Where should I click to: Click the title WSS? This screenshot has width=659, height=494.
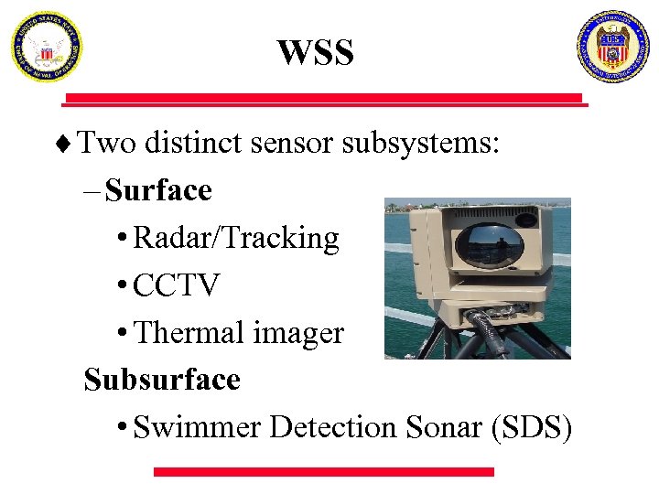point(315,53)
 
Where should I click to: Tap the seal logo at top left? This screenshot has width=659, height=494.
point(46,47)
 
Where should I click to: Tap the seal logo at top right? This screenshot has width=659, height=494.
point(612,47)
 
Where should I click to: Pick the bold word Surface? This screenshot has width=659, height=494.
point(158,190)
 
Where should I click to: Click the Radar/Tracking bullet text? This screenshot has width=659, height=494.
point(236,238)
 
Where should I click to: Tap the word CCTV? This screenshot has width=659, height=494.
point(177,285)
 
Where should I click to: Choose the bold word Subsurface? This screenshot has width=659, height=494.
point(162,379)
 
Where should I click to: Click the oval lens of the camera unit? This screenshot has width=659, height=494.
point(489,244)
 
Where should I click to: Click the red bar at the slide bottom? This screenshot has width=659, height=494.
point(323,471)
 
